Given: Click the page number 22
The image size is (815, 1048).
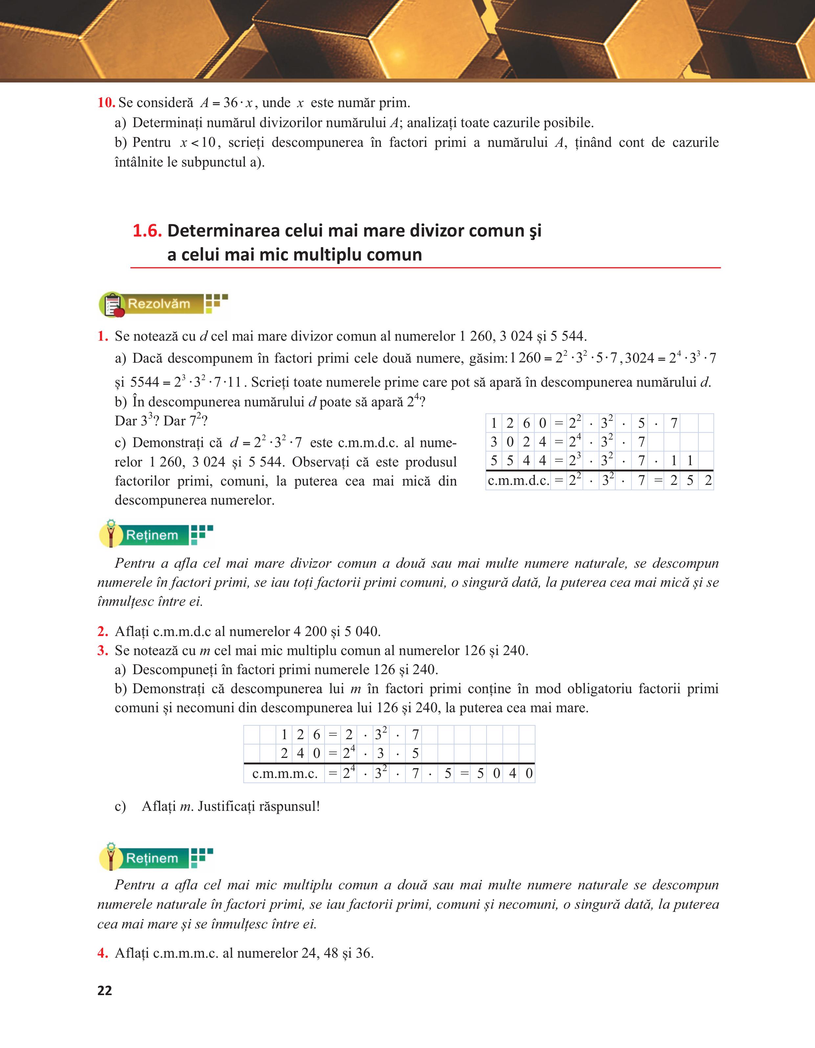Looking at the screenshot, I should pos(104,990).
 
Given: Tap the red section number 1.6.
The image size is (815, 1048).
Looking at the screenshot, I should pos(147,231).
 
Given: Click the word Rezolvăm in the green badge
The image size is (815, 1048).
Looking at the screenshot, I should pos(159,304).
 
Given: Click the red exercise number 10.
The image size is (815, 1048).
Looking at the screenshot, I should pos(106,103).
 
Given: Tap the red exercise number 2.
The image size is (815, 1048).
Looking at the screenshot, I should pos(102,631).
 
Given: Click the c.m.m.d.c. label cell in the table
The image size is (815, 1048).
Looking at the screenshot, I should pos(518,480).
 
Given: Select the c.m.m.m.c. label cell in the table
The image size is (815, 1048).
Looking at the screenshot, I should pos(284,773).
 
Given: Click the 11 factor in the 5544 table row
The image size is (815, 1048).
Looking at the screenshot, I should pos(682,461).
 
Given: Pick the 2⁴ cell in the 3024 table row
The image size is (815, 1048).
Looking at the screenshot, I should pos(575,442).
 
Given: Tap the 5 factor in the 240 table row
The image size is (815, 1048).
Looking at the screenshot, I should pos(416,753).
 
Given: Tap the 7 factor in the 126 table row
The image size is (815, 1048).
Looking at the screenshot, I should pos(416,734).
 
